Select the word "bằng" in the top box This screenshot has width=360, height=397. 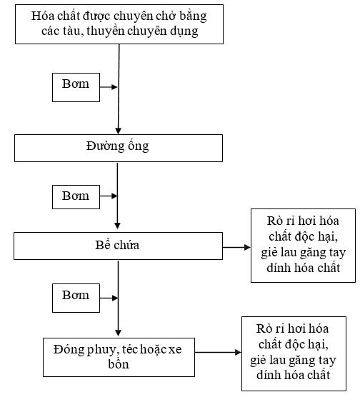pyautogui.click(x=193, y=16)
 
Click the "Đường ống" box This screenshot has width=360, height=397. pyautogui.click(x=119, y=148)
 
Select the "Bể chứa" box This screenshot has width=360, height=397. pyautogui.click(x=119, y=246)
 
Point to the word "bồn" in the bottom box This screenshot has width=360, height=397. pyautogui.click(x=119, y=363)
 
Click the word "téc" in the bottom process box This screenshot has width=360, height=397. pyautogui.click(x=130, y=350)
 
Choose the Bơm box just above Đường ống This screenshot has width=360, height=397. pyautogui.click(x=76, y=87)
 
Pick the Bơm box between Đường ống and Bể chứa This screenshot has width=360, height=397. pyautogui.click(x=76, y=197)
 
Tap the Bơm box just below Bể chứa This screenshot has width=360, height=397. pyautogui.click(x=76, y=298)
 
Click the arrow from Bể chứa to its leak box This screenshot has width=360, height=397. pyautogui.click(x=236, y=247)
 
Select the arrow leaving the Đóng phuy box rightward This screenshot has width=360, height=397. pyautogui.click(x=218, y=352)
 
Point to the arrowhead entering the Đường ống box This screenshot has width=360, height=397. pyautogui.click(x=119, y=131)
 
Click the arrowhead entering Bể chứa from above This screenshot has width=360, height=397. pyautogui.click(x=117, y=226)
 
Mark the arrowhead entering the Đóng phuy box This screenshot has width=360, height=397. pyautogui.click(x=118, y=333)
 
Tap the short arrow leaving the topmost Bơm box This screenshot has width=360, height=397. pyautogui.click(x=109, y=87)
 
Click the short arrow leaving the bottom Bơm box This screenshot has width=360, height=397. pyautogui.click(x=109, y=298)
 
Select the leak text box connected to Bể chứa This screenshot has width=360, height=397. pyautogui.click(x=303, y=246)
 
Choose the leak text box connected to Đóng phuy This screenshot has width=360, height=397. pyautogui.click(x=294, y=353)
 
